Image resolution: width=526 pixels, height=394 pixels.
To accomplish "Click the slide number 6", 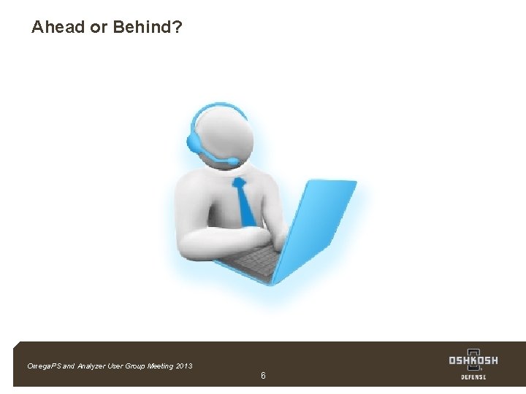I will (x=263, y=375).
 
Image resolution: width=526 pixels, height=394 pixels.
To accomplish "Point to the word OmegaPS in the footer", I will (x=43, y=366).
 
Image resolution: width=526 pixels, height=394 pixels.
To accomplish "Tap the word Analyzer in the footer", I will (x=91, y=366).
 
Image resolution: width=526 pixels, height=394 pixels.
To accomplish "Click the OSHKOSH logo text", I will (x=473, y=360).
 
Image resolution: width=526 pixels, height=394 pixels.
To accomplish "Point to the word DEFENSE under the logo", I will (x=473, y=377).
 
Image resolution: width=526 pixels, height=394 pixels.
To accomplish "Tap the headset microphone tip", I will (x=233, y=161).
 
